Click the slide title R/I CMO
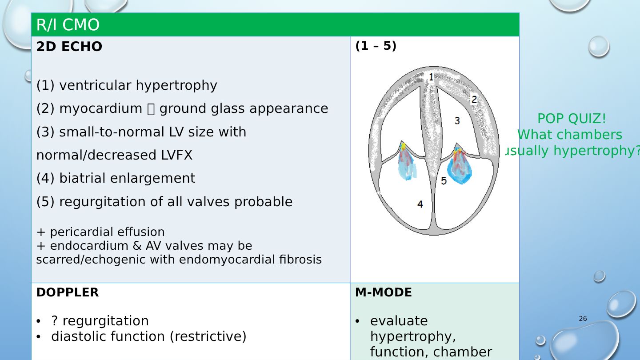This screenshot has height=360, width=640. (68, 25)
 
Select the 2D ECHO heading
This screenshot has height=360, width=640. (69, 47)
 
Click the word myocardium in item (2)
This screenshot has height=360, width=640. (101, 108)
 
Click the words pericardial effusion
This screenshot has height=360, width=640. (107, 232)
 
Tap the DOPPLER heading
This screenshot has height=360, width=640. (67, 292)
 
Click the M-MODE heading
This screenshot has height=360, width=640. (383, 292)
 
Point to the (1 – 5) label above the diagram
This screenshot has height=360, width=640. (376, 46)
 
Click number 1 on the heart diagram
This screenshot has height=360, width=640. (431, 77)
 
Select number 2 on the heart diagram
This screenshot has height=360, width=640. (474, 100)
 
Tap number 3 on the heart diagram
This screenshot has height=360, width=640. (457, 120)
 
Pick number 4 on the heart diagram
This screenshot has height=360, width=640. (420, 204)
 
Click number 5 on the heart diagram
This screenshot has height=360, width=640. (444, 180)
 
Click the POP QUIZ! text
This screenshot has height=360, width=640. (572, 119)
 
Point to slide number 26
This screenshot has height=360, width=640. (583, 319)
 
